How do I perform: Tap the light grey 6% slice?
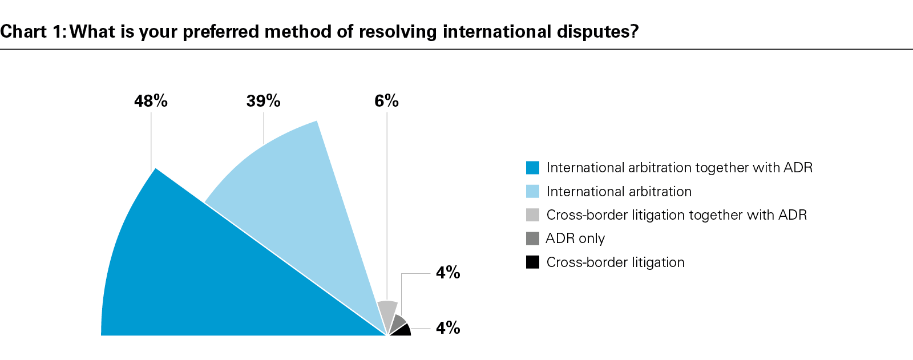click(x=386, y=313)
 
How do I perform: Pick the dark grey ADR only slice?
click(x=398, y=323)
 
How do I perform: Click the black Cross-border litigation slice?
click(x=403, y=331)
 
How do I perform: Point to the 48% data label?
click(x=151, y=102)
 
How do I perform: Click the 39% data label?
click(x=263, y=102)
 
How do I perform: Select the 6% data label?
click(x=386, y=102)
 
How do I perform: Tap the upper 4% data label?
click(x=448, y=273)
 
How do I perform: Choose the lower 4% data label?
click(x=448, y=328)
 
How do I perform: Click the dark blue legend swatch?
click(x=532, y=168)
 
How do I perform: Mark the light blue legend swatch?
click(x=532, y=192)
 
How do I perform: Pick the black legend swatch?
click(x=532, y=262)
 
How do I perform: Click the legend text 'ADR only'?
click(x=575, y=238)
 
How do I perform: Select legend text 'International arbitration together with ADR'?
click(x=679, y=168)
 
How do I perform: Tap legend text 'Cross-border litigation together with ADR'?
click(x=676, y=215)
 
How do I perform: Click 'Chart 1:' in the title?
click(x=33, y=31)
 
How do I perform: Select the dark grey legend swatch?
click(x=532, y=238)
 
